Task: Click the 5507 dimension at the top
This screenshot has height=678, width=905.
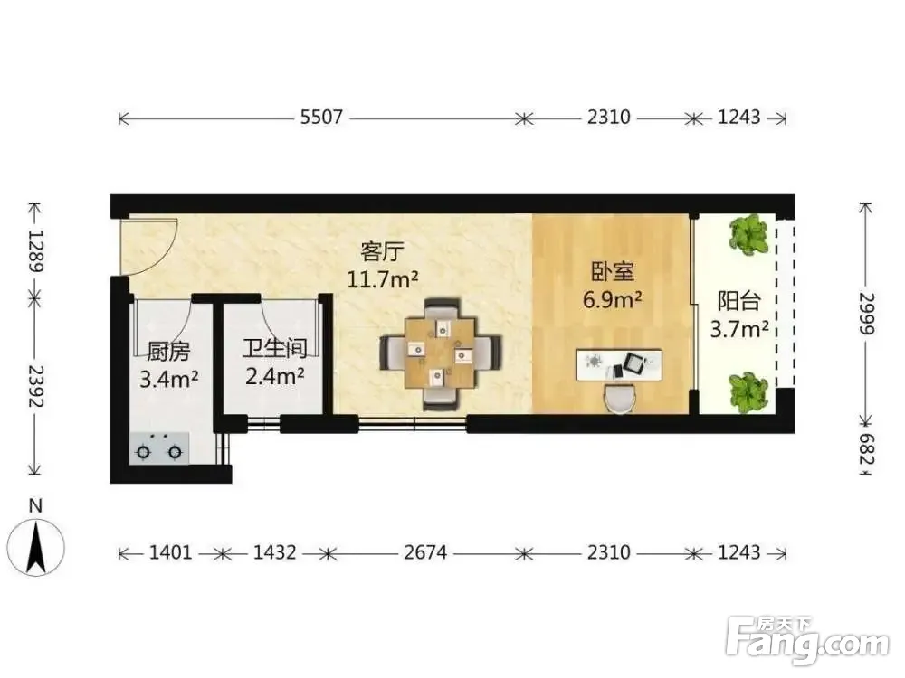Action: (x=321, y=118)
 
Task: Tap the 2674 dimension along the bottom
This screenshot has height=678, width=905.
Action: (x=425, y=552)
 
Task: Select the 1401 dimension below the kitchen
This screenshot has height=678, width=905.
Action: (x=170, y=552)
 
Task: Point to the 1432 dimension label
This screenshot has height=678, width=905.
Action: (x=275, y=552)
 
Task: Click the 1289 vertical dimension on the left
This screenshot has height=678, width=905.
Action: (x=36, y=251)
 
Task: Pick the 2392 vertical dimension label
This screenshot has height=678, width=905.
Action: (x=36, y=385)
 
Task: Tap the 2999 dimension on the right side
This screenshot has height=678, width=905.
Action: (x=866, y=314)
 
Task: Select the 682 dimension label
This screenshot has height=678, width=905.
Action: (x=866, y=449)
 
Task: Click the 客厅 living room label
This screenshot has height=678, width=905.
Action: (x=382, y=252)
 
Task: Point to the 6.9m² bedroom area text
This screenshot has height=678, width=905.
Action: (x=613, y=300)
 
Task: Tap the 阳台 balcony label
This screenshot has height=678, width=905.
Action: (x=738, y=301)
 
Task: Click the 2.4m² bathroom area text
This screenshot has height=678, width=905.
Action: (x=275, y=376)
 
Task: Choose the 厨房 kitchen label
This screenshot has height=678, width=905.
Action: (x=168, y=351)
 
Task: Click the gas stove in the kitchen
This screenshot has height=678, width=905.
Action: (x=159, y=448)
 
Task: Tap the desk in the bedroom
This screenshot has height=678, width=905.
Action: (x=619, y=364)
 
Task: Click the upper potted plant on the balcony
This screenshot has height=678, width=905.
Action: (x=748, y=235)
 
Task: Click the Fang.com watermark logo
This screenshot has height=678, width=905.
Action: (x=807, y=641)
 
